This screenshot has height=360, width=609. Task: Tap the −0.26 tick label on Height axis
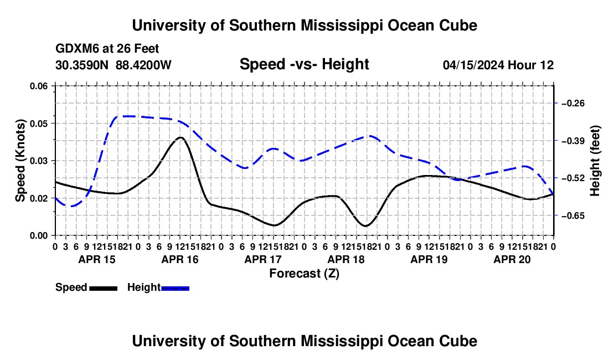pyautogui.click(x=573, y=104)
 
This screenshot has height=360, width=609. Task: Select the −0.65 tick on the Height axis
pyautogui.click(x=556, y=215)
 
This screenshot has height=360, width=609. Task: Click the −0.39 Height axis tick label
pyautogui.click(x=573, y=141)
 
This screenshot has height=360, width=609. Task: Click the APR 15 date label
pyautogui.click(x=97, y=259)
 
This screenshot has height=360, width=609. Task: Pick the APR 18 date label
pyautogui.click(x=346, y=259)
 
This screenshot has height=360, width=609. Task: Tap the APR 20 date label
pyautogui.click(x=512, y=259)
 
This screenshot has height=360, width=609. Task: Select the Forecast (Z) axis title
pyautogui.click(x=304, y=274)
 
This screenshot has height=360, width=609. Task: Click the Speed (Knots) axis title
pyautogui.click(x=20, y=161)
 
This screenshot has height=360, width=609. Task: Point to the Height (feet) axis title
pyautogui.click(x=595, y=161)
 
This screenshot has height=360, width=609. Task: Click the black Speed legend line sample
pyautogui.click(x=104, y=288)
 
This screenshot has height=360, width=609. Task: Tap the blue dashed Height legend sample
pyautogui.click(x=175, y=288)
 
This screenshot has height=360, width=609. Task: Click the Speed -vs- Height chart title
pyautogui.click(x=304, y=64)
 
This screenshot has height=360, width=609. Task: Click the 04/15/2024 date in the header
pyautogui.click(x=473, y=65)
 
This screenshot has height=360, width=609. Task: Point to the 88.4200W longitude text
pyautogui.click(x=143, y=65)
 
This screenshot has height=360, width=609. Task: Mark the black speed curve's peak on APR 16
pyautogui.click(x=180, y=137)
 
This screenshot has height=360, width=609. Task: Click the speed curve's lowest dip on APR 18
pyautogui.click(x=365, y=225)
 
